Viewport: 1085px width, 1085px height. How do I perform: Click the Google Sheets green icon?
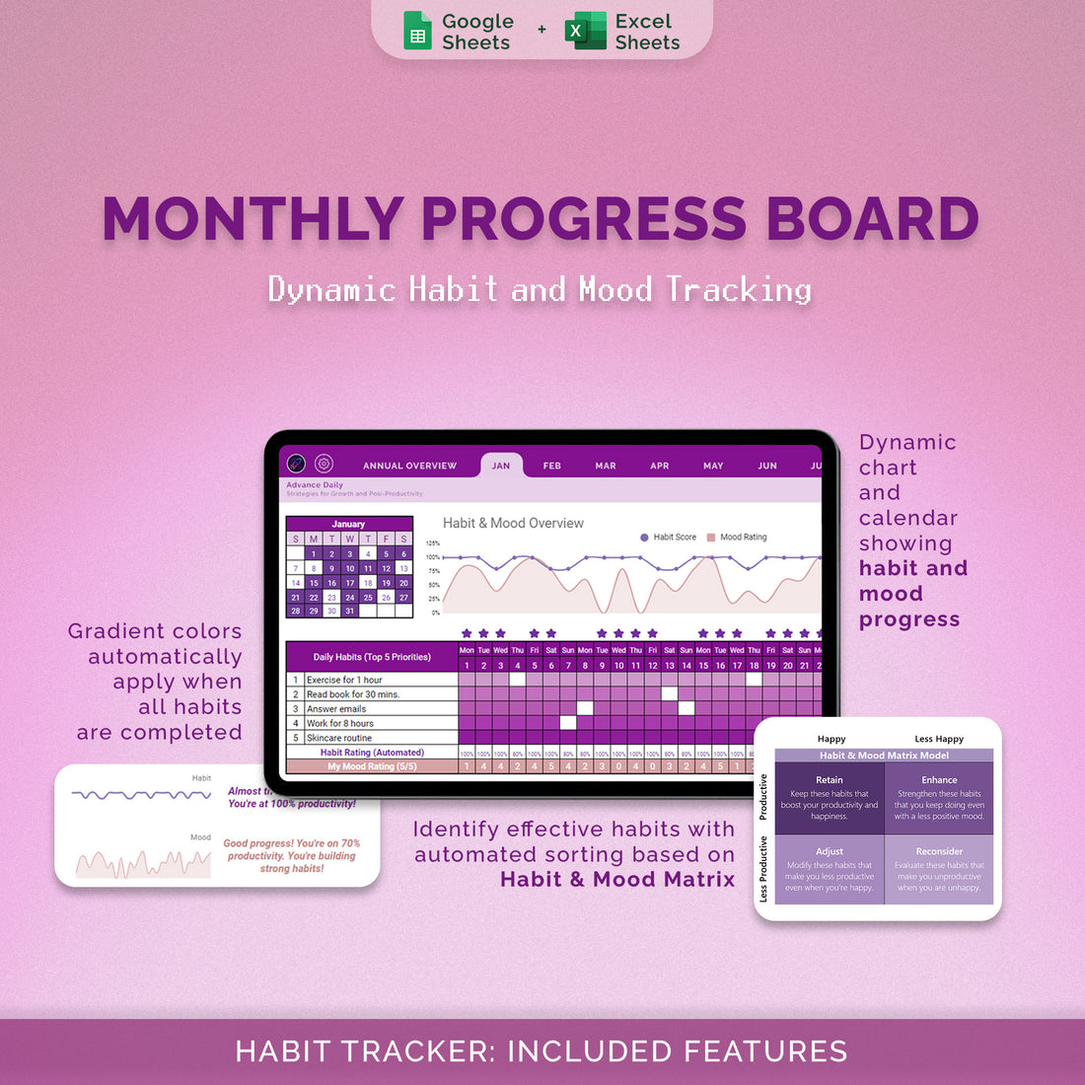point(418,32)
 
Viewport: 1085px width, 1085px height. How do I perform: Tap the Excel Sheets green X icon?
point(585,32)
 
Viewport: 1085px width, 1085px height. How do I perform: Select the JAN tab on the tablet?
point(501,466)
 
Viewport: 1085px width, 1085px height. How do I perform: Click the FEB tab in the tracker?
point(552,466)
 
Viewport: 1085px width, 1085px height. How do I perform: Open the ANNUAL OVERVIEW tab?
point(409,466)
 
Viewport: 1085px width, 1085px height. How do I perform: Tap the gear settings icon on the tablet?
point(324,464)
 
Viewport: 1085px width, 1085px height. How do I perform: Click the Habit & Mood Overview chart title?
point(513,524)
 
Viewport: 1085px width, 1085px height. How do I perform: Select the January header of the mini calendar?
point(348,524)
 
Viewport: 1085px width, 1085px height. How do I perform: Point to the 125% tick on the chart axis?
point(433,543)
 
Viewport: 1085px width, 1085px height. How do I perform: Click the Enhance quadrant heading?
point(939,780)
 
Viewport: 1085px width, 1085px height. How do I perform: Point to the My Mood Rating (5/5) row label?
point(372,766)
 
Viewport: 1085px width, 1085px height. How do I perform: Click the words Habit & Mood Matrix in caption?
point(617,880)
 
